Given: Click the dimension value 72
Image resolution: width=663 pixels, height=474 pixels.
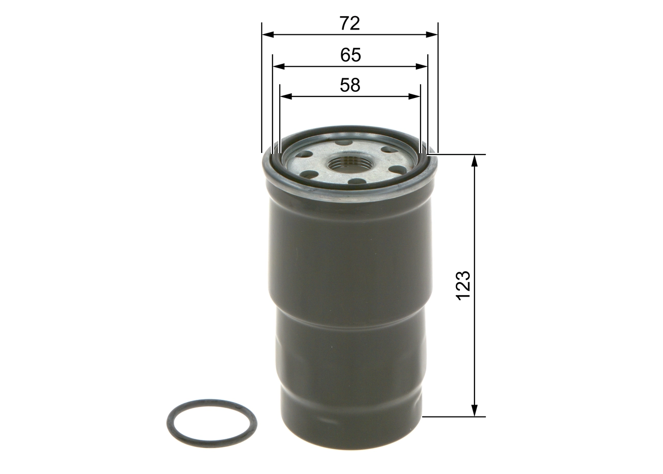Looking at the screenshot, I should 350,23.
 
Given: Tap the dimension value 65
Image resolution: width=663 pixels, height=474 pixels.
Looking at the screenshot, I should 351,55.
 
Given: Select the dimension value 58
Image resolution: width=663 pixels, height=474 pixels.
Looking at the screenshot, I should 350,86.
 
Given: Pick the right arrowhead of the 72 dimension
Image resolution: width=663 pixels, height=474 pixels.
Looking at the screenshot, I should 433,35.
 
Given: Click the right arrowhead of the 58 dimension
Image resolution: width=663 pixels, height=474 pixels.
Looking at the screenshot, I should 415,96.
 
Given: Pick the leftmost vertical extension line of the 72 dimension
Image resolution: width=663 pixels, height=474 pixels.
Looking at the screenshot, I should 262,88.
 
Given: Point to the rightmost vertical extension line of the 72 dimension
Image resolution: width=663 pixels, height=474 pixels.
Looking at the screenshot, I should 438,88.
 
